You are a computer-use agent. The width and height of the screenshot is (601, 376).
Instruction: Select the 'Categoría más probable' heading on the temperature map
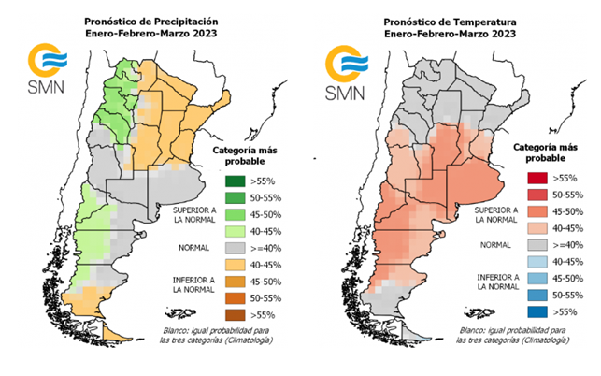point(536,152)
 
